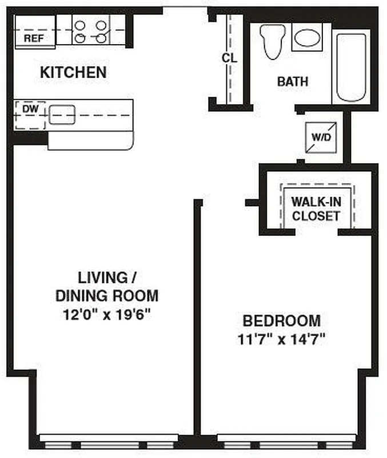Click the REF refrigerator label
[33, 39]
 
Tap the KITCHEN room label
[73, 73]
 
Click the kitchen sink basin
[62, 114]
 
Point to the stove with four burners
[91, 32]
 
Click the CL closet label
[229, 58]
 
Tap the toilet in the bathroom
[272, 41]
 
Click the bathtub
[350, 67]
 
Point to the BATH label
[292, 82]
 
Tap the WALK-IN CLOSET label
[316, 208]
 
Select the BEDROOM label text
[281, 321]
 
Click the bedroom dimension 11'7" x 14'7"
[281, 339]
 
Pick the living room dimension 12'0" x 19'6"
[106, 314]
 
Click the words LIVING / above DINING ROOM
[106, 278]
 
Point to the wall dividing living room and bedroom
[197, 315]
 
